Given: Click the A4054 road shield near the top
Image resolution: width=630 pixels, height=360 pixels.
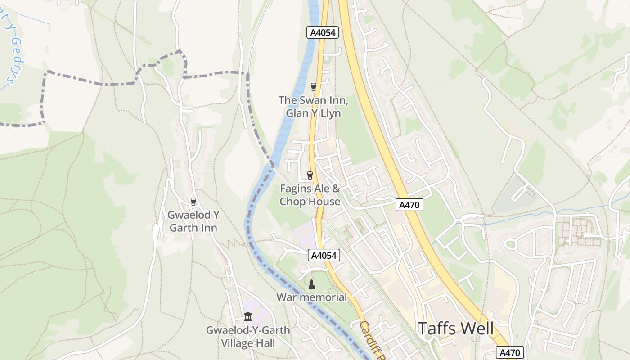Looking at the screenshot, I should click(323, 32).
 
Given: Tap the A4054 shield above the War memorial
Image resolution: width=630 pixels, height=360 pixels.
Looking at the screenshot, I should click(324, 256).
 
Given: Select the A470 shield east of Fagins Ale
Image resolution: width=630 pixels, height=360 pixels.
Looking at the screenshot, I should click(409, 205).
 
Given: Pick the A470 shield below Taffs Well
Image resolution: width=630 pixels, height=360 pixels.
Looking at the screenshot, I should click(510, 352).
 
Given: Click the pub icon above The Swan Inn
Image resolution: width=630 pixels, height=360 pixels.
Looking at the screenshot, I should click(314, 86).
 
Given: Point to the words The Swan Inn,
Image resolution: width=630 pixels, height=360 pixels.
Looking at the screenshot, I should click(313, 100).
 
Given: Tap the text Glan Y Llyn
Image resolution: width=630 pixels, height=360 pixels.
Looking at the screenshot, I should click(313, 113).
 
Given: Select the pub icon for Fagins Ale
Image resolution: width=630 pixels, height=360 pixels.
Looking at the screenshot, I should click(310, 175).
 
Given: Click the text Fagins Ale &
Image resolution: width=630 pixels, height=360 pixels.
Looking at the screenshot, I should click(310, 188).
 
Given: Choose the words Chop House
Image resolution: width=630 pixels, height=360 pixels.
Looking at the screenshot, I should click(310, 201).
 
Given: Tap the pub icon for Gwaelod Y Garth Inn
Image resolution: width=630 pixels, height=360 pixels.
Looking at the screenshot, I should click(193, 201).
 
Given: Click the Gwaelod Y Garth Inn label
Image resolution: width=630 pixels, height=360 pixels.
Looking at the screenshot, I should click(193, 221).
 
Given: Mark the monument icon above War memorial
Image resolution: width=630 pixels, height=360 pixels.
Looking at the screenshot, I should click(311, 284).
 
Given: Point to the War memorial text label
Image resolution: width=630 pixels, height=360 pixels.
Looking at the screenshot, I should click(311, 297).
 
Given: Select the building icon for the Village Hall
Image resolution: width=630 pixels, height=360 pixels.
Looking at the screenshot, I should click(248, 317).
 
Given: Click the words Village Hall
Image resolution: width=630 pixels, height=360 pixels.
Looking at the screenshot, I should click(248, 343).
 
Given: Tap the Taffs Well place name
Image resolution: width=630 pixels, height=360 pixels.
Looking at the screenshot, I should click(456, 328).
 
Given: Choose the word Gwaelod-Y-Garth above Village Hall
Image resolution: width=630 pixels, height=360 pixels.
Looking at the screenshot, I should click(248, 330).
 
